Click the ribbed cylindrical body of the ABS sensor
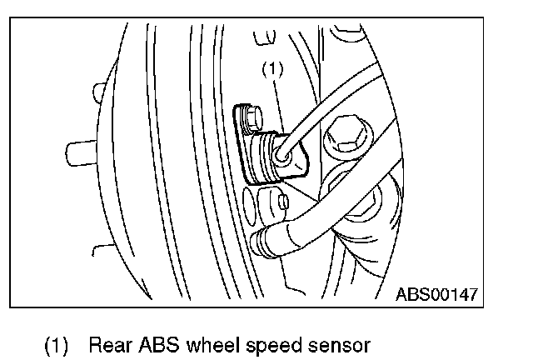265,157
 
